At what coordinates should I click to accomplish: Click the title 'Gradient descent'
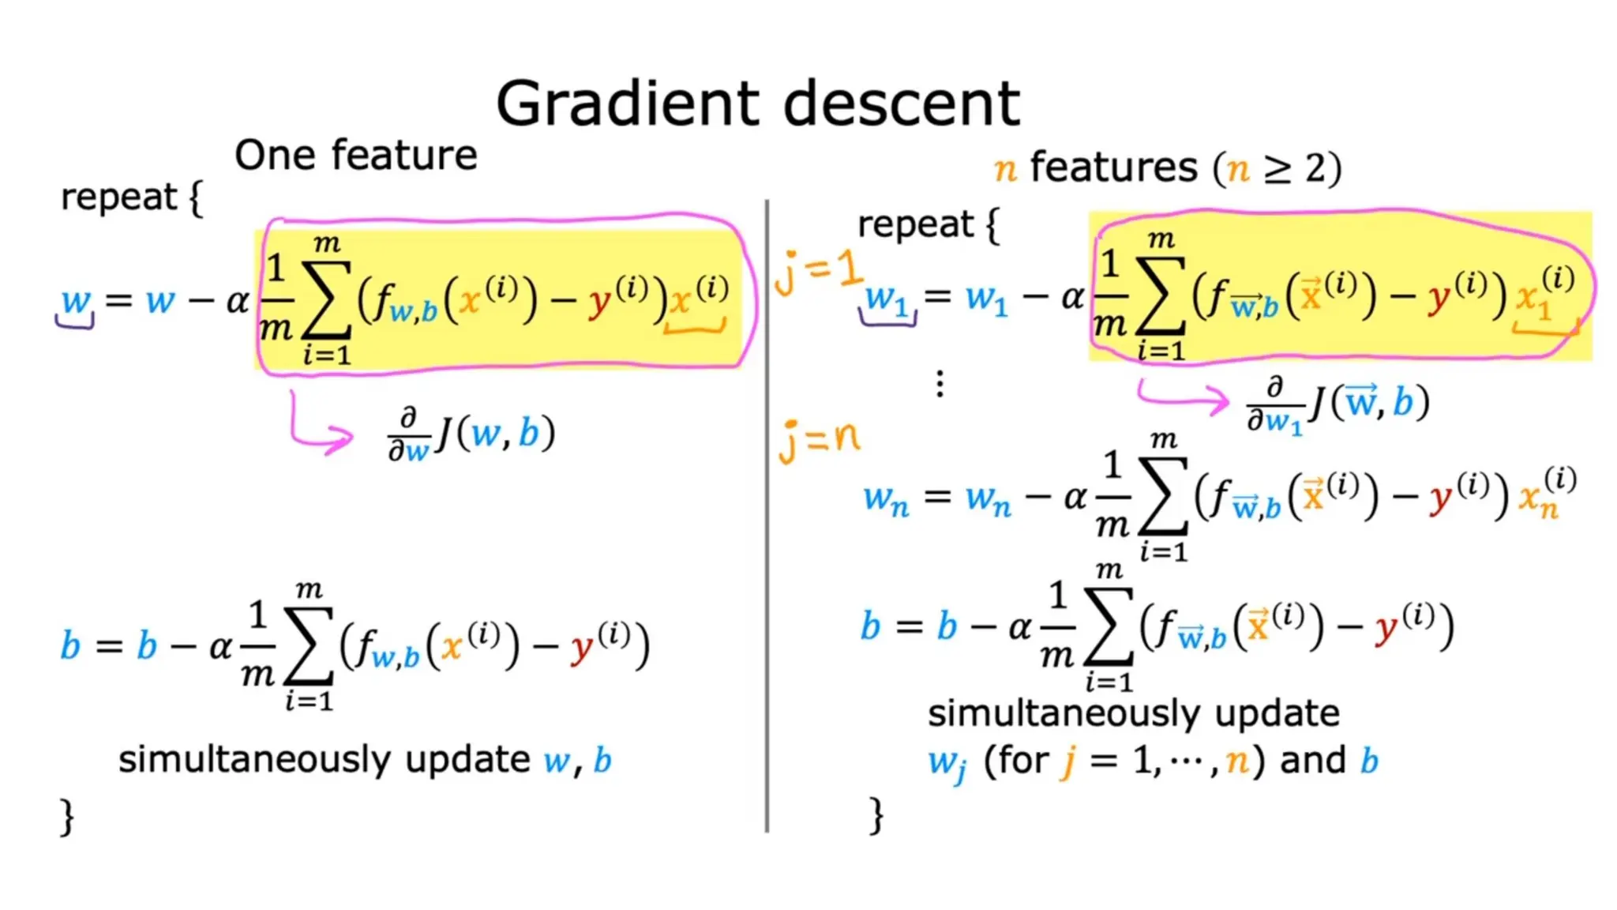point(757,103)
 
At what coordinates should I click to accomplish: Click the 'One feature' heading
point(356,155)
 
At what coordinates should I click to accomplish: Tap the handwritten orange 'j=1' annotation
point(818,271)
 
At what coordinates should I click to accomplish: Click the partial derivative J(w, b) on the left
point(472,435)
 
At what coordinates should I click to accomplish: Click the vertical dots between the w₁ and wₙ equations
point(940,384)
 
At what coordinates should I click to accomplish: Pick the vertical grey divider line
point(767,513)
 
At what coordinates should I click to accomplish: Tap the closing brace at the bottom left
point(68,816)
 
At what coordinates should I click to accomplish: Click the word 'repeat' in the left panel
point(118,197)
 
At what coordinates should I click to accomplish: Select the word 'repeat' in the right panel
point(915,224)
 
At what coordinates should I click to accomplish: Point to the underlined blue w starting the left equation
point(76,301)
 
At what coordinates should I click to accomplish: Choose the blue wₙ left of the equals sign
point(886,499)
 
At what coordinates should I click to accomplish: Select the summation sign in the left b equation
point(309,647)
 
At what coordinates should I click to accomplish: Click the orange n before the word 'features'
point(1004,169)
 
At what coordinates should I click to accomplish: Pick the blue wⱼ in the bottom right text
point(947,763)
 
